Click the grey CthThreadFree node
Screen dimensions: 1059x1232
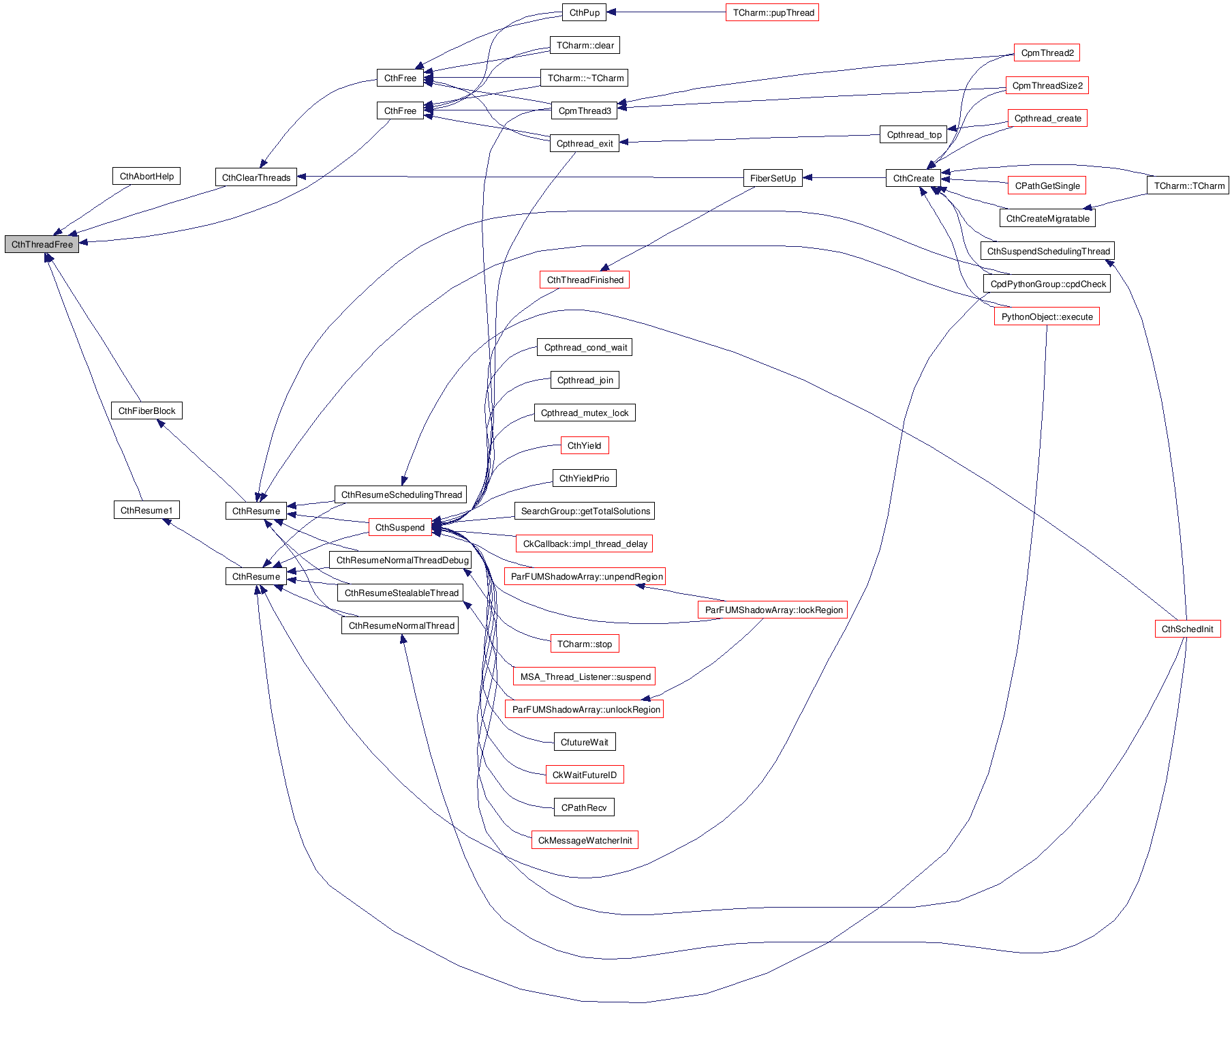(42, 244)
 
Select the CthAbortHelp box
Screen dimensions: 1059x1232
(147, 177)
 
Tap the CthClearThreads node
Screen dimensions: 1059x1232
(256, 178)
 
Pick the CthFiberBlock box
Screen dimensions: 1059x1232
(147, 411)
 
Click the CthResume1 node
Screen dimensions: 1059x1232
(147, 511)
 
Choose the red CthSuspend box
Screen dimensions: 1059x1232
(400, 528)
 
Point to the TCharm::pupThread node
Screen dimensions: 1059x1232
(773, 13)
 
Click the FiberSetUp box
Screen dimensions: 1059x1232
(773, 179)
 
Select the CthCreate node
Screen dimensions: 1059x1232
(913, 179)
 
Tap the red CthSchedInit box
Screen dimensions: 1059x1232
(1187, 629)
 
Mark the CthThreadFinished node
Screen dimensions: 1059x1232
(585, 280)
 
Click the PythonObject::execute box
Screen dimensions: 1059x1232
(1047, 317)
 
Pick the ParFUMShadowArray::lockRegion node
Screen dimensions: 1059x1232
(773, 610)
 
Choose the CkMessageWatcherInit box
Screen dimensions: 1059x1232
(585, 841)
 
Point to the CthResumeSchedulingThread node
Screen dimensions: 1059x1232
(401, 495)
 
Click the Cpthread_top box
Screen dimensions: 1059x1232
(914, 135)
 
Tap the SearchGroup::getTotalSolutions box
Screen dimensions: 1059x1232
(585, 511)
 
